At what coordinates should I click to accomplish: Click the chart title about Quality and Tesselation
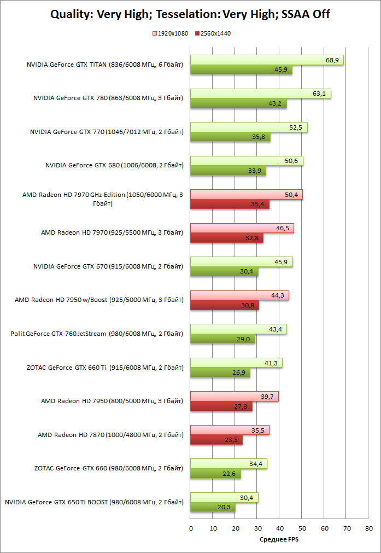(190, 14)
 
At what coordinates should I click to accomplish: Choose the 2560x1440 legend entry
(214, 33)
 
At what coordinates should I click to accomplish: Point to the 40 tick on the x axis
(279, 528)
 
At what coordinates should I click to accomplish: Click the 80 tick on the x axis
(369, 528)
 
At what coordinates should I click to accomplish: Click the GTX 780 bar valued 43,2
(238, 103)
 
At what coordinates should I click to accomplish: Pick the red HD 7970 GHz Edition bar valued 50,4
(246, 195)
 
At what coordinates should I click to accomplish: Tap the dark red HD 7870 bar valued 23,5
(216, 440)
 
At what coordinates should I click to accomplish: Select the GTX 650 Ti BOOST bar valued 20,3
(213, 507)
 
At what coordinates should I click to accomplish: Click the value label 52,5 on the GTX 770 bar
(296, 127)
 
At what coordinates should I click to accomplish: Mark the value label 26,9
(241, 374)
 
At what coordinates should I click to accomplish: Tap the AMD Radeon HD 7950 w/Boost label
(98, 300)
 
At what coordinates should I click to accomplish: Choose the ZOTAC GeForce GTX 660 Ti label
(104, 368)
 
